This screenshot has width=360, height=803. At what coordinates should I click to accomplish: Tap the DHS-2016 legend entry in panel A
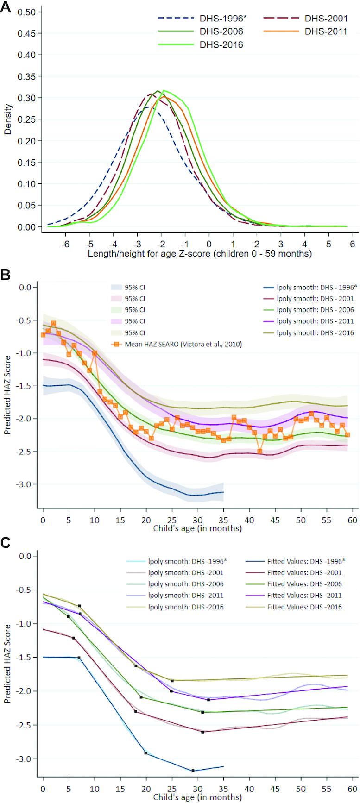pos(221,45)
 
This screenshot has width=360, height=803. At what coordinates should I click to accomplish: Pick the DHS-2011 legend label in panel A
pos(326,31)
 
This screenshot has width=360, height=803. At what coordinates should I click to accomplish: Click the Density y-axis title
pos(8,119)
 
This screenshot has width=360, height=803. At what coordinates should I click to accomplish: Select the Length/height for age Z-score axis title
pos(200,253)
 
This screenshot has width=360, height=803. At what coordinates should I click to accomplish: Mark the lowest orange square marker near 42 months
pos(260,451)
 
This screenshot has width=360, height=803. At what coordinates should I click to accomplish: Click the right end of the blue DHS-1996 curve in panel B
pos(223,492)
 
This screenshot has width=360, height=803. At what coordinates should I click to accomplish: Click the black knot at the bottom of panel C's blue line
pos(193,771)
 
